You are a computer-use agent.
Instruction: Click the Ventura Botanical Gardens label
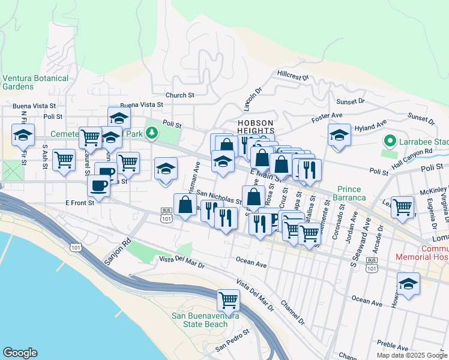pyautogui.click(x=35, y=82)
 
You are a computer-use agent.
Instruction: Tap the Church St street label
pyautogui.click(x=180, y=95)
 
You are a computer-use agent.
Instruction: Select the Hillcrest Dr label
pyautogui.click(x=292, y=77)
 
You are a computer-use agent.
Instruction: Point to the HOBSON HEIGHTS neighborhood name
pyautogui.click(x=255, y=127)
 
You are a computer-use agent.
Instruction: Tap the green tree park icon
pyautogui.click(x=153, y=133)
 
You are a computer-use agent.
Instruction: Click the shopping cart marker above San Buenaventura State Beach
pyautogui.click(x=228, y=299)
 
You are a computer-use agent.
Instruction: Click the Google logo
pyautogui.click(x=20, y=353)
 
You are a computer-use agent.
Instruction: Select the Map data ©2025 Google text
pyautogui.click(x=412, y=355)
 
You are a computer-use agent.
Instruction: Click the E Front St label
pyautogui.click(x=80, y=203)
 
